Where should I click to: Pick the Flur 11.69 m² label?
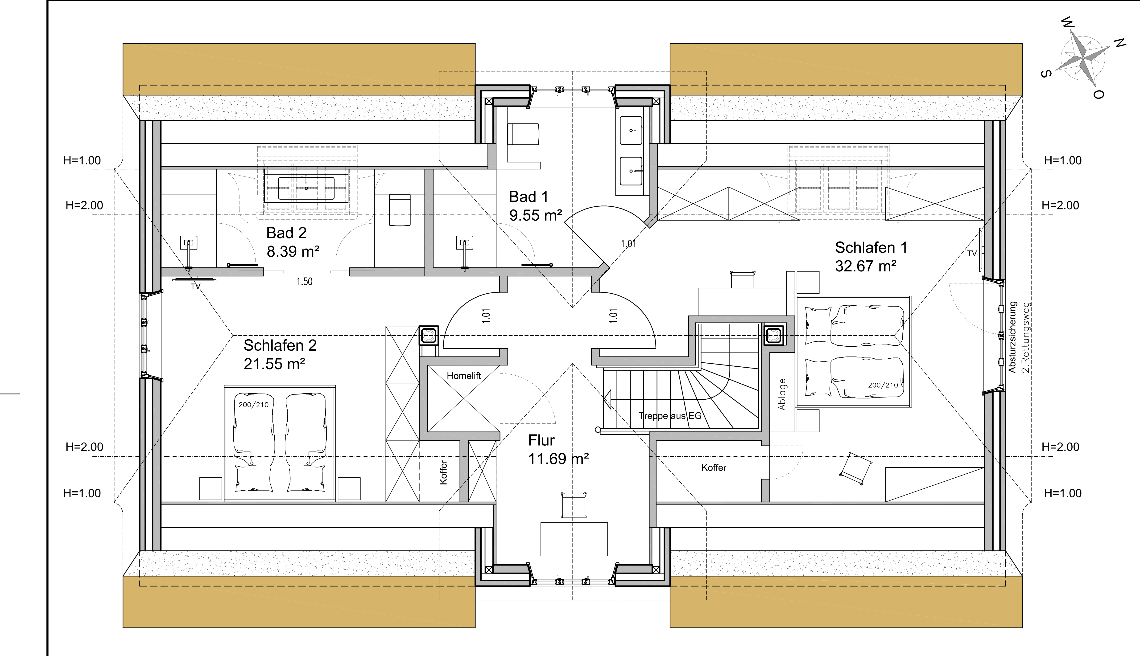click(x=558, y=449)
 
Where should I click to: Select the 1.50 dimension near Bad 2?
click(x=305, y=282)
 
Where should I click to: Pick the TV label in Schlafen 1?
click(x=972, y=254)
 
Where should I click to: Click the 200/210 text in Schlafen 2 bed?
click(x=254, y=405)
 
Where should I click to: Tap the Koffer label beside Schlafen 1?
click(x=714, y=468)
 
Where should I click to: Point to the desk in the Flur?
click(x=574, y=539)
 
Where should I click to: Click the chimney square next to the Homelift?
click(x=429, y=335)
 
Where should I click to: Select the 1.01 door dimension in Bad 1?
click(x=628, y=244)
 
